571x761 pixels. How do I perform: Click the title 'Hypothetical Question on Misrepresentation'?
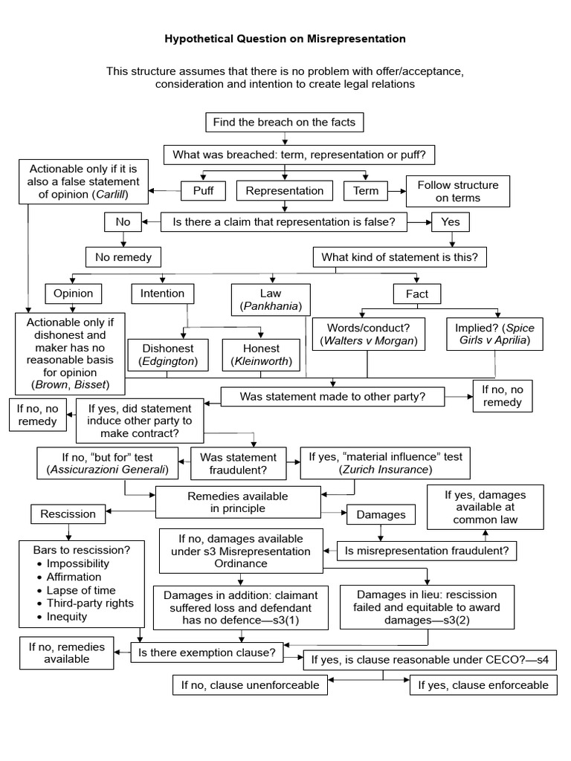click(285, 37)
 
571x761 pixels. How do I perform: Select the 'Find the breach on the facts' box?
click(285, 122)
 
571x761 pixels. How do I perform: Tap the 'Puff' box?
click(203, 190)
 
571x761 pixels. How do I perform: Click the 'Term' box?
click(366, 190)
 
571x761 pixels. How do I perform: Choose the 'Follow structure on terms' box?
click(457, 191)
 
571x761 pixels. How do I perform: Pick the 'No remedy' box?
click(123, 257)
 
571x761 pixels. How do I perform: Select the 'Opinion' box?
click(74, 294)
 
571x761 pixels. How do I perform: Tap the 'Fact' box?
click(417, 294)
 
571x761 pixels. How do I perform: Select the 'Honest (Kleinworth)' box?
click(261, 355)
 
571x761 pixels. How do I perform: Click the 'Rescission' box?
click(68, 514)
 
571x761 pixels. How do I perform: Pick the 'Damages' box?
click(381, 514)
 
